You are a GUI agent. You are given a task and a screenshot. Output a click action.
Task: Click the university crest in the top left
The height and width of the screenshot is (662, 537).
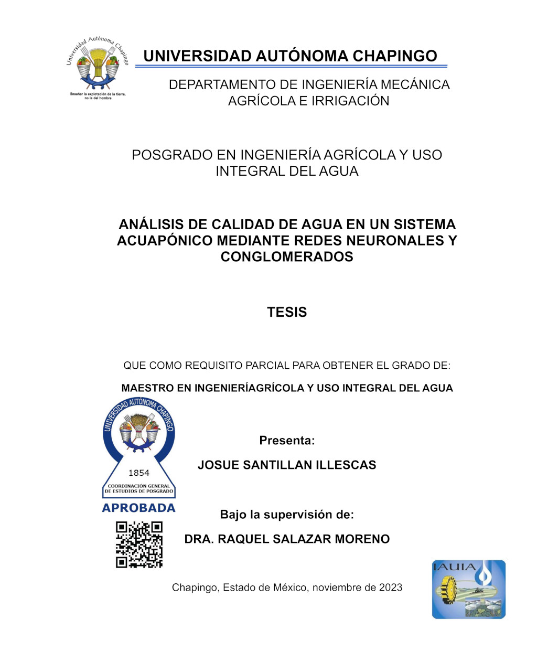tap(98, 65)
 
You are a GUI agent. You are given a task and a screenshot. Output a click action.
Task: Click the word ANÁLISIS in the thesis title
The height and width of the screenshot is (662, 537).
tap(151, 225)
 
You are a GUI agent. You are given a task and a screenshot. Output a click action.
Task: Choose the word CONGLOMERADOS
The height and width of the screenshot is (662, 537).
tap(287, 257)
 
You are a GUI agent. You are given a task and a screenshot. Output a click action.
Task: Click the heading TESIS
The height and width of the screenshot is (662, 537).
tap(287, 312)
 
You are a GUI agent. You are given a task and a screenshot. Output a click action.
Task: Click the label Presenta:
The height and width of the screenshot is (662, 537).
tap(287, 441)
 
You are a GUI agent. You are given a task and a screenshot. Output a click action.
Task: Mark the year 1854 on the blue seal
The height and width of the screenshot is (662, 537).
tap(139, 473)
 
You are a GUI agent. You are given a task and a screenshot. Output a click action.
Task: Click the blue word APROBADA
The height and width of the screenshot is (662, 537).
tap(139, 508)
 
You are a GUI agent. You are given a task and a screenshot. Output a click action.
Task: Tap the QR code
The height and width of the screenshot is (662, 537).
tap(139, 544)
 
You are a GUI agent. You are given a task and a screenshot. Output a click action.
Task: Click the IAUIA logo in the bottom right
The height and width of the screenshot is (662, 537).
tap(468, 589)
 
